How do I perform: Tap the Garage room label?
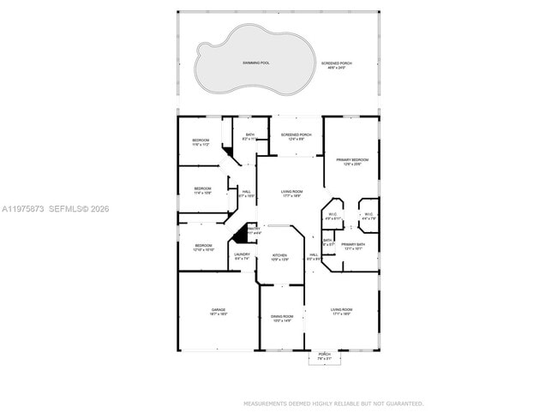point(219,311)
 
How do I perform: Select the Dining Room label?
point(282,318)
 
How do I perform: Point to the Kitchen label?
point(279,256)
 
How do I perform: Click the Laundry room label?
point(243,255)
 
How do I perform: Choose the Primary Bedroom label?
point(352,161)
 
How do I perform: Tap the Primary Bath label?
point(353,246)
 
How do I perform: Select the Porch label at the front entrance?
point(324,355)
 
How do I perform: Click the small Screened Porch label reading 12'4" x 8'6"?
point(296,136)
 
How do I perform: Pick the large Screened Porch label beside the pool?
point(336,65)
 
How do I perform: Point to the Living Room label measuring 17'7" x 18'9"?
point(292,194)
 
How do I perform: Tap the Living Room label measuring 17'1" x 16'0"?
point(342,311)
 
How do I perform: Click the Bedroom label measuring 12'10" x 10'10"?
point(202,248)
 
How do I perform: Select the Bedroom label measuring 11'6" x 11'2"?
point(201,142)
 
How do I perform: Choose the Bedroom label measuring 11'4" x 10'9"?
point(202,190)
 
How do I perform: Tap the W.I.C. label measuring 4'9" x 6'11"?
point(333,216)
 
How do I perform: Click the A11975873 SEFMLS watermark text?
point(56,209)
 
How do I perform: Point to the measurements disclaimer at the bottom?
point(333,403)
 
